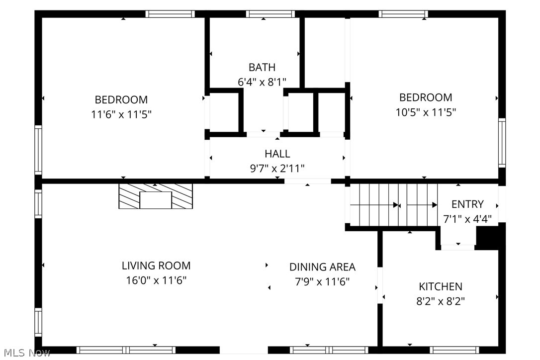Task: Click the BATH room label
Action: pyautogui.click(x=262, y=67)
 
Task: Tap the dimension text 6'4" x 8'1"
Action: pyautogui.click(x=262, y=82)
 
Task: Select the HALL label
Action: pyautogui.click(x=277, y=154)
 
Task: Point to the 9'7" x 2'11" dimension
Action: pyautogui.click(x=277, y=169)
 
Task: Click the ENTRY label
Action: pyautogui.click(x=467, y=204)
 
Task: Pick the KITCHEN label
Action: pyautogui.click(x=441, y=286)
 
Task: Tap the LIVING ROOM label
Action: pyautogui.click(x=156, y=266)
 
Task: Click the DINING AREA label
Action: pyautogui.click(x=322, y=267)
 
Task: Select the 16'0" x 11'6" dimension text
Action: pyautogui.click(x=156, y=280)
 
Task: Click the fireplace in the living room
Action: pyautogui.click(x=156, y=196)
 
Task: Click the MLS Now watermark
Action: pyautogui.click(x=27, y=353)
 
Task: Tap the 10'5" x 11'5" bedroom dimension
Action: pyautogui.click(x=426, y=112)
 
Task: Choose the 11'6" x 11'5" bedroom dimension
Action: pyautogui.click(x=121, y=114)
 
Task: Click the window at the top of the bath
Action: pyautogui.click(x=270, y=14)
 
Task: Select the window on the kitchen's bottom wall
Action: pyautogui.click(x=454, y=350)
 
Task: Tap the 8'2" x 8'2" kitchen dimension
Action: pyautogui.click(x=441, y=301)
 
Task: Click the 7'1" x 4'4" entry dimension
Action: pyautogui.click(x=467, y=219)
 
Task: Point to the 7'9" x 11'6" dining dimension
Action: pyautogui.click(x=322, y=282)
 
